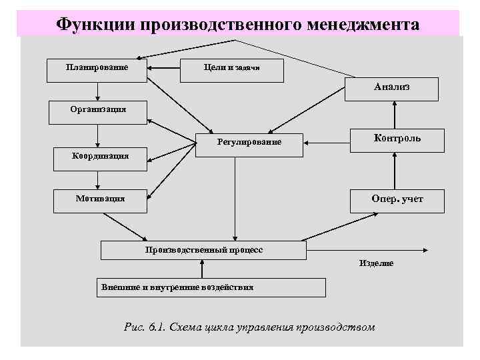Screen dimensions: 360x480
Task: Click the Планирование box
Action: click(x=97, y=70)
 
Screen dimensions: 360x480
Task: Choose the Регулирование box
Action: click(x=249, y=144)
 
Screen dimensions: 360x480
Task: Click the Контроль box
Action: click(x=397, y=140)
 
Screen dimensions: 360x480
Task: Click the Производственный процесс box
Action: click(x=203, y=251)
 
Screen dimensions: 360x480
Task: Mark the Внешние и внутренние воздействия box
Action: click(x=211, y=287)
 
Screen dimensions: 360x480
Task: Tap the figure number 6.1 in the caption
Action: click(x=157, y=327)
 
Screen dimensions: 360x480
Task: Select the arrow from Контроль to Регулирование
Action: click(x=326, y=142)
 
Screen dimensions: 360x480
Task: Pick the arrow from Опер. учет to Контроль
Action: click(x=395, y=171)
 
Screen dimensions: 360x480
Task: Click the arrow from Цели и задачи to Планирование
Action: click(x=163, y=67)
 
